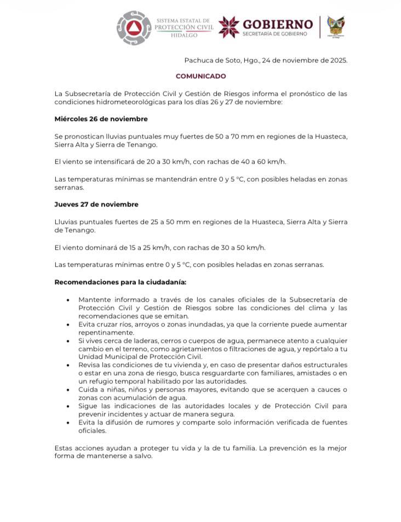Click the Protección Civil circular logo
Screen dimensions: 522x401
click(134, 27)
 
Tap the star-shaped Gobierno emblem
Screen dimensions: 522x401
click(229, 27)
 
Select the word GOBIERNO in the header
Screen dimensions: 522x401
click(278, 24)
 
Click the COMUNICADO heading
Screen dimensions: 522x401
click(200, 76)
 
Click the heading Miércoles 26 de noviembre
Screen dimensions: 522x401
click(101, 119)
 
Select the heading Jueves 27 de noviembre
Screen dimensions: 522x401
click(96, 204)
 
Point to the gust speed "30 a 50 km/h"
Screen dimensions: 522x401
click(238, 248)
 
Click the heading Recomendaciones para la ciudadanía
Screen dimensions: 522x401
click(120, 282)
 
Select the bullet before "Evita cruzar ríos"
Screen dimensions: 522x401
click(67, 325)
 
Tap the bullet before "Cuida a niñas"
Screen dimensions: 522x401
click(67, 389)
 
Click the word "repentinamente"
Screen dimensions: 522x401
click(105, 332)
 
